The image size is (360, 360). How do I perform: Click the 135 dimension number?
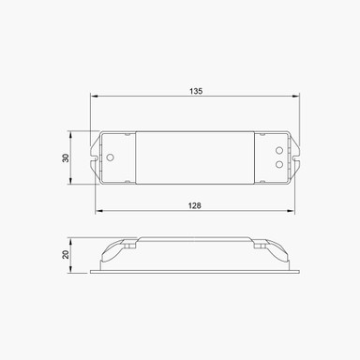196,91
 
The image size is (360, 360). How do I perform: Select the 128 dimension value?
196,205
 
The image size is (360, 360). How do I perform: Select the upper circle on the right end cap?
279,149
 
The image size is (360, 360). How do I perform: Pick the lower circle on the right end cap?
279,163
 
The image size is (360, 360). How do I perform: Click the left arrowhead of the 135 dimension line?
94,97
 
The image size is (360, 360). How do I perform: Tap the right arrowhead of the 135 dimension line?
300,97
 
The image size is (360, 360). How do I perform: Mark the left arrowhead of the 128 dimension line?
99,211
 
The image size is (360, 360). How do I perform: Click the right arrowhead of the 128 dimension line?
294,211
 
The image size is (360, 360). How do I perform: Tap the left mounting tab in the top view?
95,157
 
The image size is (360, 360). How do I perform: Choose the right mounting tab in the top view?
298,157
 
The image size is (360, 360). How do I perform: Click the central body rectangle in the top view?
196,157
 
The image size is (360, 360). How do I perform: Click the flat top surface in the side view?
196,238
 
